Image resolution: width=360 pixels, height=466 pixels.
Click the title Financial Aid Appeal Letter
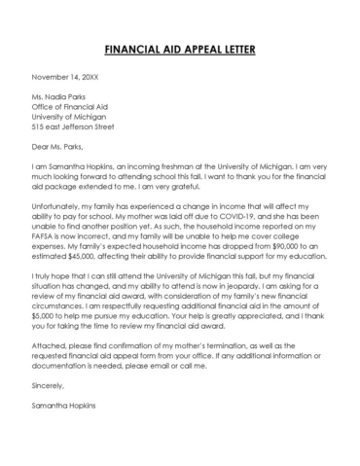point(179,49)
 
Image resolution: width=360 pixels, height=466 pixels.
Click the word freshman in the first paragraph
point(176,166)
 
